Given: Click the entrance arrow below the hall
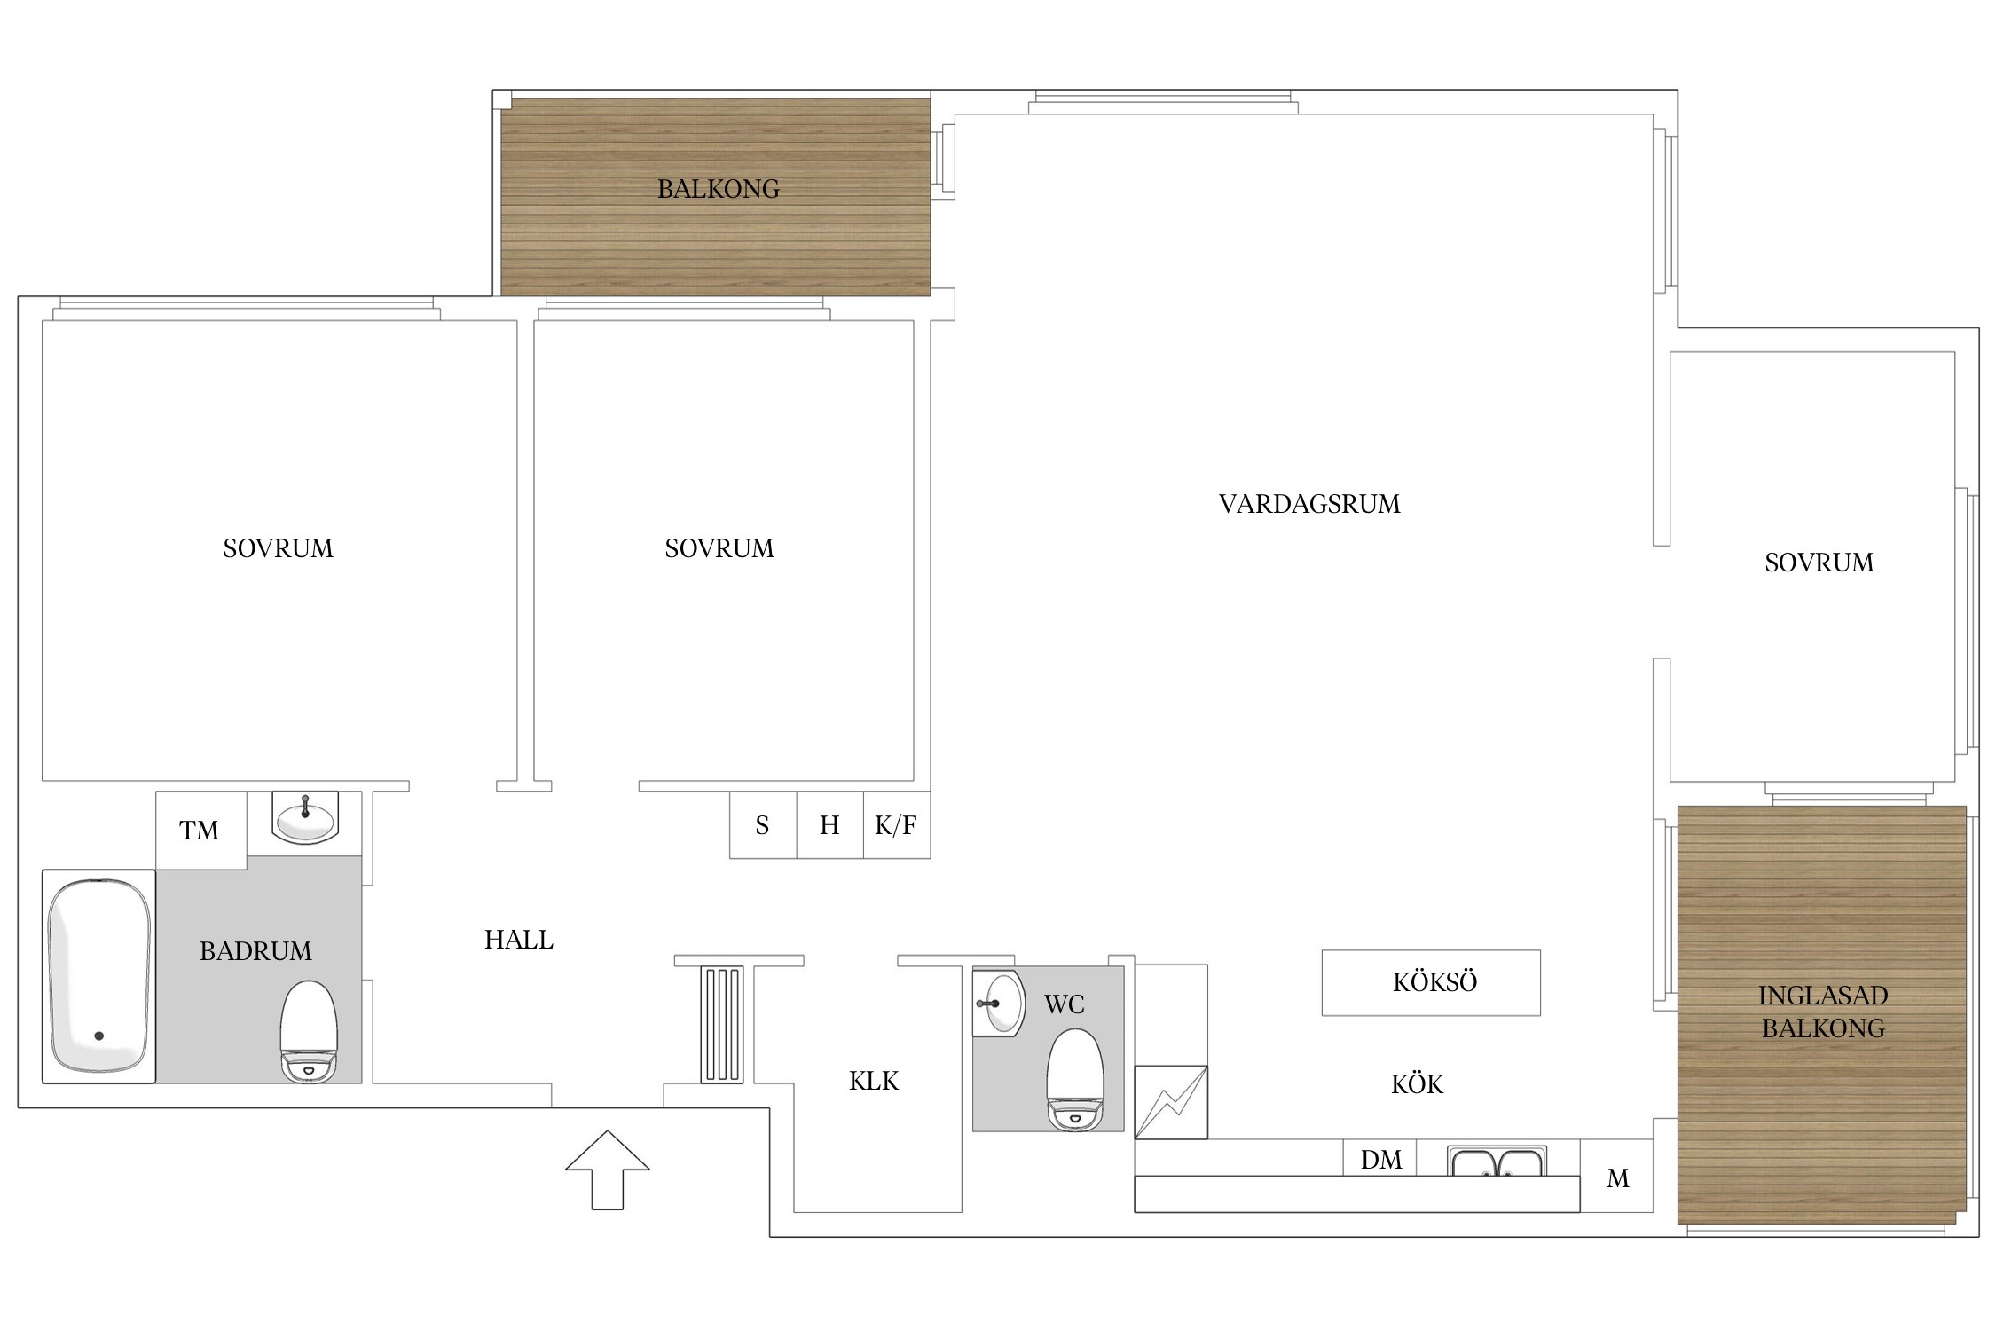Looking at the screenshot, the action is [608, 1170].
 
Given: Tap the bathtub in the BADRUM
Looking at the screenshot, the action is [98, 976].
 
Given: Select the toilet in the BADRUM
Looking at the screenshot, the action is [309, 1031].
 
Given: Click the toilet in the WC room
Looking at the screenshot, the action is [1075, 1080].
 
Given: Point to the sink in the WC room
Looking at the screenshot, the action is [999, 1003].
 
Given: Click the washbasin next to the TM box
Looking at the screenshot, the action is [305, 817].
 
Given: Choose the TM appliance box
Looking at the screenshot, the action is [201, 831].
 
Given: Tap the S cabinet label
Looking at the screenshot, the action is [762, 826].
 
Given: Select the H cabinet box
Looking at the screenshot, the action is [829, 824].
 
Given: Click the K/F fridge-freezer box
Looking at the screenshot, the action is [897, 824].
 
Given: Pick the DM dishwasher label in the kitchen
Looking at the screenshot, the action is [1381, 1160].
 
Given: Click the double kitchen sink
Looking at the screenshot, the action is [1497, 1161].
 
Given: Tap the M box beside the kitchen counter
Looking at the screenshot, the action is [1616, 1176].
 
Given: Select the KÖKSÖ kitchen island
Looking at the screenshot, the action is [1431, 982].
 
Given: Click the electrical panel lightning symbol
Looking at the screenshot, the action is [1171, 1102].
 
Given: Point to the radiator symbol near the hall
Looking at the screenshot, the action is [722, 1024].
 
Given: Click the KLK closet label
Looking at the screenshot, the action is [874, 1081].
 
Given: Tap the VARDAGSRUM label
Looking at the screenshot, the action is [1309, 504].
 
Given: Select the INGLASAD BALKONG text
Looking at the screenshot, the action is [1823, 1012].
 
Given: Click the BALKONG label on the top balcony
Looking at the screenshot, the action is [719, 189].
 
